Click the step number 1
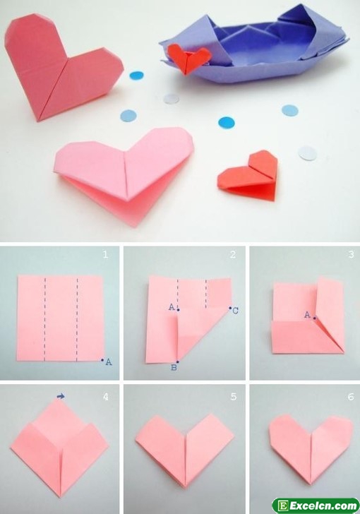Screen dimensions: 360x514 [105, 254]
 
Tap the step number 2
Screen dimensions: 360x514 [233, 254]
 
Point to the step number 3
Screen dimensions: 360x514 [351, 254]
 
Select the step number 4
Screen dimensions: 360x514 [106, 397]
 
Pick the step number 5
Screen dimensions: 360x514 [233, 397]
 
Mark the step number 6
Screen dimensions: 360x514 [351, 397]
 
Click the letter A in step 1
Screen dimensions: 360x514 [109, 362]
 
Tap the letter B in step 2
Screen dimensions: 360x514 [174, 367]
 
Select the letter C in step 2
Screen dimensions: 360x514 [235, 311]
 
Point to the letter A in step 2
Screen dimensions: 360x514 [172, 307]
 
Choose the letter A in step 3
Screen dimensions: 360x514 [307, 315]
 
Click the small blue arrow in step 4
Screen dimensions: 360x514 [61, 397]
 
